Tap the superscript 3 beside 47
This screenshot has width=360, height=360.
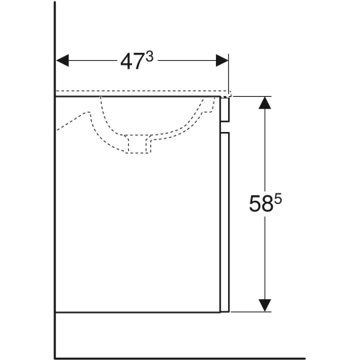point(150,57)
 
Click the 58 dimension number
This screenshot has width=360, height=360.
point(261,204)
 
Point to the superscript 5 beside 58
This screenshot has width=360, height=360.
point(278,199)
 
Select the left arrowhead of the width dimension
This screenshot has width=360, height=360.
point(62,61)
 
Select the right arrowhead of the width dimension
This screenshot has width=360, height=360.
point(222,61)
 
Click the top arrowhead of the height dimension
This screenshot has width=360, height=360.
point(265,102)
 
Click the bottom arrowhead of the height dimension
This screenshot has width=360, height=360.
point(265,306)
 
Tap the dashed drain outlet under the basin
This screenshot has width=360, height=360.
point(138,144)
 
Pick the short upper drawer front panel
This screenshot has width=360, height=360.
point(225,110)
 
